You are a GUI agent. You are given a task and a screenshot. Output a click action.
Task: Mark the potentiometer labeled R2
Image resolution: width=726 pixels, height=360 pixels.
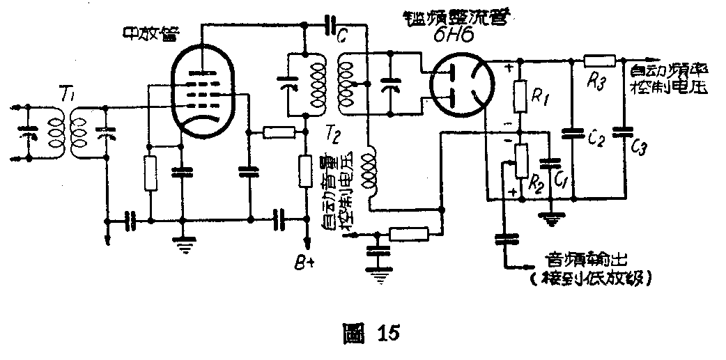[520, 161]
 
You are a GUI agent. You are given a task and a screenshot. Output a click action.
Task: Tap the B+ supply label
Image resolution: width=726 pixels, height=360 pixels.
[304, 264]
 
